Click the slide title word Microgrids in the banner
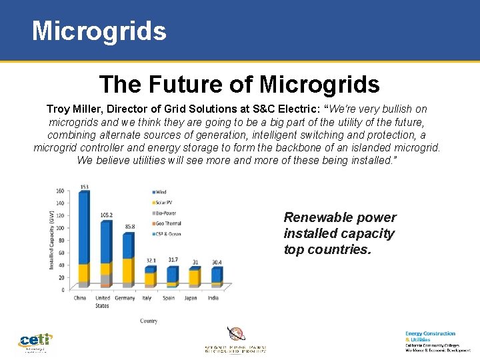(99, 31)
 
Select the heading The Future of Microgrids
(239, 85)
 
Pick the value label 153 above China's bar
(84, 187)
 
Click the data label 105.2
(107, 215)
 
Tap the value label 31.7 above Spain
(173, 260)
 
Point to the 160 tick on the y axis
(60, 191)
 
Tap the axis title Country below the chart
(149, 321)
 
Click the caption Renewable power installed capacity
(339, 233)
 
